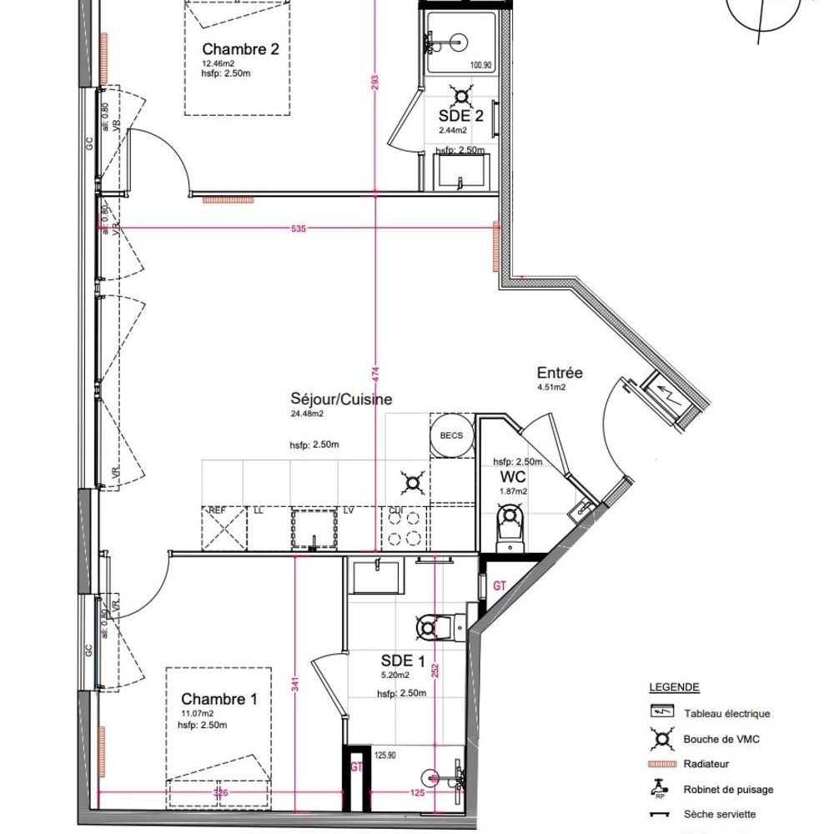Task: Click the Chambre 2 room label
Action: [x=240, y=49]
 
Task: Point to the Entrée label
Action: [x=560, y=373]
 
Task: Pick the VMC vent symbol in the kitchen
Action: [x=411, y=480]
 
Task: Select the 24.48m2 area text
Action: [x=306, y=413]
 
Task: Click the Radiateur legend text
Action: [x=706, y=764]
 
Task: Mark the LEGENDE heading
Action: [x=674, y=688]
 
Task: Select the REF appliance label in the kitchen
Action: [x=217, y=510]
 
